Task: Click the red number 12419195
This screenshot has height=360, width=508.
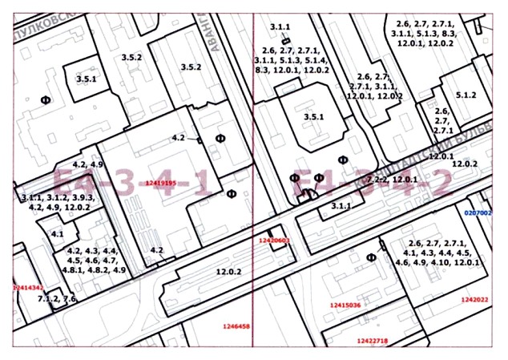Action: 161,183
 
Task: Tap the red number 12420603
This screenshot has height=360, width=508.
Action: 273,240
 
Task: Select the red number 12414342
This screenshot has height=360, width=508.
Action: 27,285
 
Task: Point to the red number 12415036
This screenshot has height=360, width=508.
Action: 345,305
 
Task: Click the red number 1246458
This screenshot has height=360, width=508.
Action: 237,326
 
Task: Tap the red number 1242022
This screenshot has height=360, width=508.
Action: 474,300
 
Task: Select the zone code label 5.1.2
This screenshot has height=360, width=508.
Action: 466,95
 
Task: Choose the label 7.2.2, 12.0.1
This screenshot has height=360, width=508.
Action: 391,179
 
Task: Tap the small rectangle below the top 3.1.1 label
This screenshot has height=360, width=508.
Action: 284,40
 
